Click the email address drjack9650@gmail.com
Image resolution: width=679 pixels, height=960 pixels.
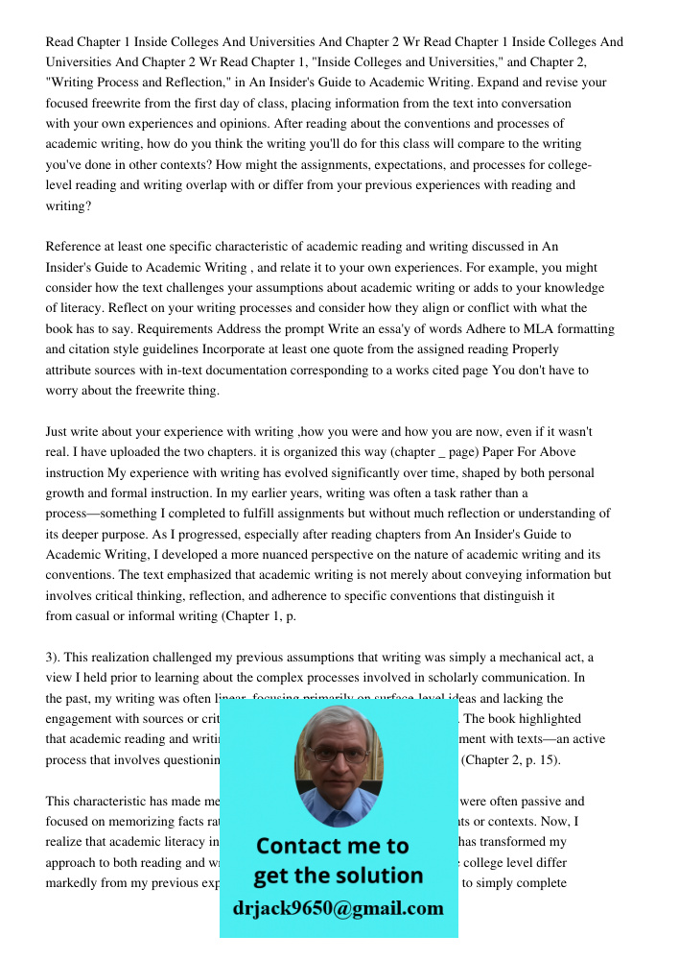click(338, 907)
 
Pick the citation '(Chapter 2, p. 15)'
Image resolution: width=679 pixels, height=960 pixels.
click(511, 759)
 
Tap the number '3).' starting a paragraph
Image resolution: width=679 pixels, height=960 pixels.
click(57, 657)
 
